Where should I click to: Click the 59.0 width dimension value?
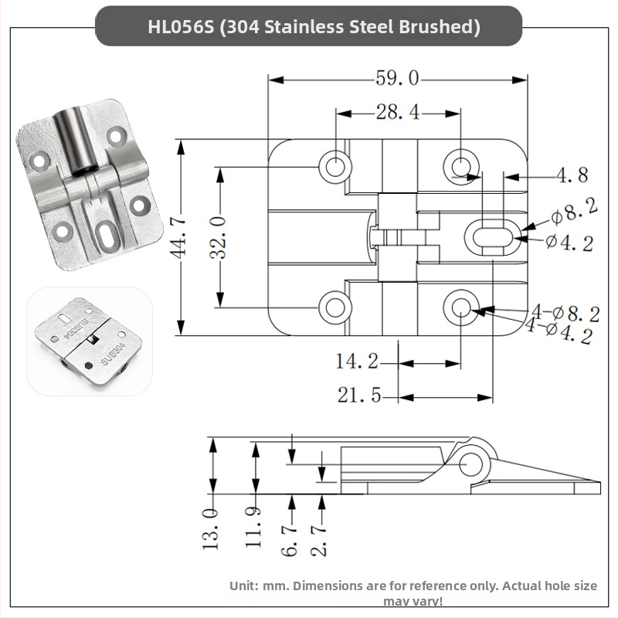tap(397, 79)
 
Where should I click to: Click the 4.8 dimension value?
tap(572, 175)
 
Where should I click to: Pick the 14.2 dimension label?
tap(357, 362)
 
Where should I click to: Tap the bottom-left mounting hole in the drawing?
tap(335, 307)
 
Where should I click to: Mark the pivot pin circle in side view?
tap(472, 463)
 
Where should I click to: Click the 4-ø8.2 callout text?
tap(564, 314)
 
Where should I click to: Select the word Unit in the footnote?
tap(243, 586)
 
